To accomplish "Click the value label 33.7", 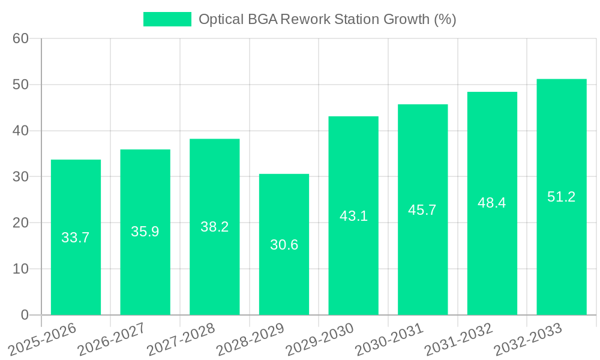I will pyautogui.click(x=76, y=238).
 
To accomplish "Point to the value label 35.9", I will pyautogui.click(x=145, y=232).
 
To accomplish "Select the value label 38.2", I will pyautogui.click(x=214, y=227).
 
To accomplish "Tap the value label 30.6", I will pyautogui.click(x=284, y=245).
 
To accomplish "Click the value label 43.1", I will pyautogui.click(x=353, y=216).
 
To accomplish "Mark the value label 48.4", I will pyautogui.click(x=492, y=203).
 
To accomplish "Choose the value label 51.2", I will pyautogui.click(x=562, y=197).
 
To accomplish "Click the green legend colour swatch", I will pyautogui.click(x=167, y=19).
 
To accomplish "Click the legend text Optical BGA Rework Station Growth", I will pyautogui.click(x=327, y=19).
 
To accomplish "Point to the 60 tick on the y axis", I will pyautogui.click(x=21, y=38).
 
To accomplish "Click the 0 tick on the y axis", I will pyautogui.click(x=25, y=315).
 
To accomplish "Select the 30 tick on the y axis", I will pyautogui.click(x=21, y=177).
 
